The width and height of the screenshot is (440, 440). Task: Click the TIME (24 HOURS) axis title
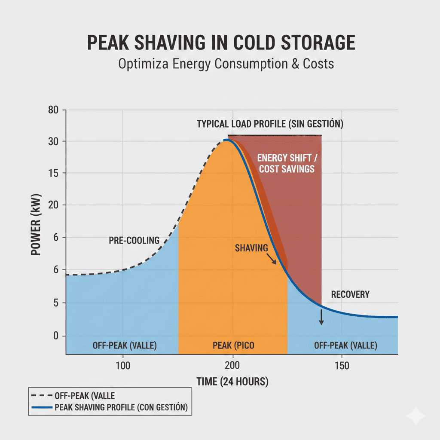(x=232, y=381)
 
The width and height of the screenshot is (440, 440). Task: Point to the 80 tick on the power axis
(x=53, y=110)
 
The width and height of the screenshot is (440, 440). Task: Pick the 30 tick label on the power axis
(x=53, y=141)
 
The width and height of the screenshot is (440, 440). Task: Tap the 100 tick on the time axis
(x=123, y=367)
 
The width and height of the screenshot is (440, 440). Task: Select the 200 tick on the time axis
(x=232, y=367)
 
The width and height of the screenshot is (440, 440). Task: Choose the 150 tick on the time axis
(x=342, y=367)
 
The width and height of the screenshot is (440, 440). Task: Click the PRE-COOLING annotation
(x=134, y=240)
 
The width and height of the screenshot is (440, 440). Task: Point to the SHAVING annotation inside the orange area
(x=251, y=248)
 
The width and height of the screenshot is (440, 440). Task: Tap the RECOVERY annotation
(x=350, y=295)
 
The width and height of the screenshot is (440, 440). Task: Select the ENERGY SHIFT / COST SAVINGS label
(x=287, y=163)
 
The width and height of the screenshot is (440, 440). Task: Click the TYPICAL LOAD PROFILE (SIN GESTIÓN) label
(x=270, y=124)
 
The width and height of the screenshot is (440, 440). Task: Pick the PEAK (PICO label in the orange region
(x=232, y=345)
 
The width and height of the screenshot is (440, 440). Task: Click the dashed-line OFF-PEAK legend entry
(x=85, y=395)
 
